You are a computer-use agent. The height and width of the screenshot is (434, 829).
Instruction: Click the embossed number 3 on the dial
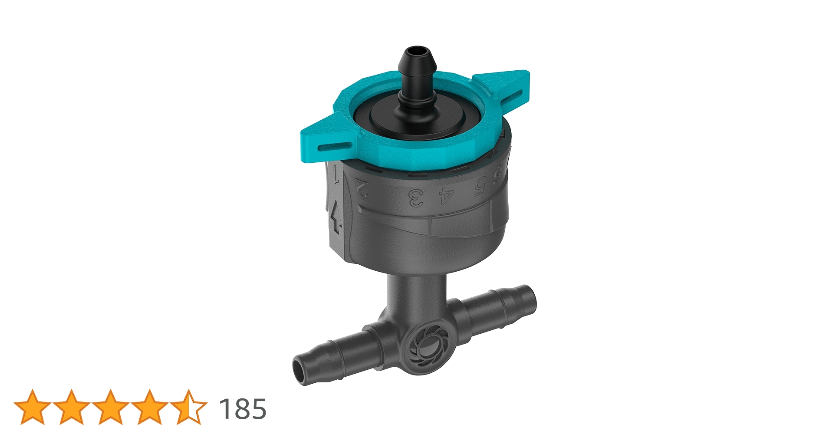tap(416, 198)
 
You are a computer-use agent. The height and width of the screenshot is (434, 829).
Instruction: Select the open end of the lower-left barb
tap(301, 369)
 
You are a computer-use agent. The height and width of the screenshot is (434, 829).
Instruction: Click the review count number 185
tap(242, 409)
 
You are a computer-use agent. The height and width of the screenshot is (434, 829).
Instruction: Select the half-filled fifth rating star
tap(189, 407)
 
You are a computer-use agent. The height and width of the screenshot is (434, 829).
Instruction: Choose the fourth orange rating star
tap(150, 407)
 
